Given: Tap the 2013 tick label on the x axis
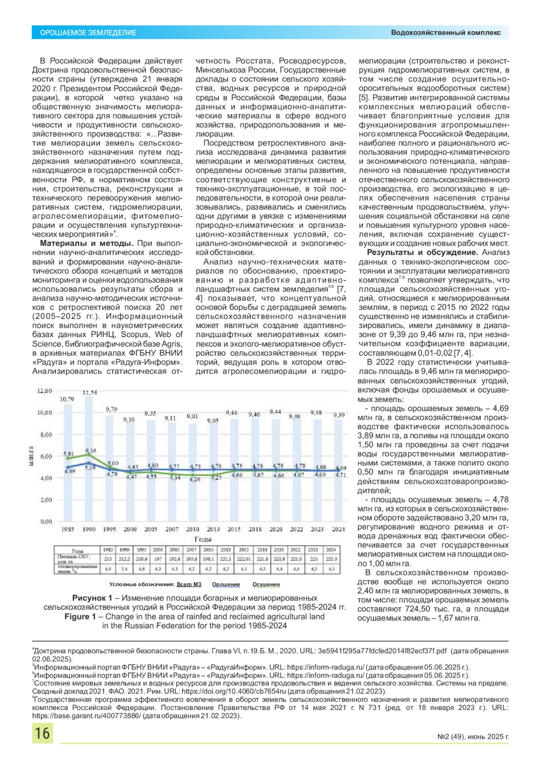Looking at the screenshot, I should click(213, 529).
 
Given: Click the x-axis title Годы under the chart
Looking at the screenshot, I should click(203, 539).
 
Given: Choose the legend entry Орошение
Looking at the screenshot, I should click(226, 584).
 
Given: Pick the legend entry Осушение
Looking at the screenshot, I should click(266, 584).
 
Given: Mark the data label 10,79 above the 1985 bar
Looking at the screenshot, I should click(68, 399).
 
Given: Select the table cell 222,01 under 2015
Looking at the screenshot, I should click(244, 559).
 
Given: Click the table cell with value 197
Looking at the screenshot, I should click(158, 559).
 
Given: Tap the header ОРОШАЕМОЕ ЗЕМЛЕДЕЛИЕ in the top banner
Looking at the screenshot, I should click(88, 33).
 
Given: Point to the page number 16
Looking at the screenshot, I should click(42, 733).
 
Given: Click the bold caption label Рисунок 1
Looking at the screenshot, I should click(92, 598).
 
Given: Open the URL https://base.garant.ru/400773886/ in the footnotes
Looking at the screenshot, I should click(86, 716).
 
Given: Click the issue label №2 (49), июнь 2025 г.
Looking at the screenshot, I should click(473, 737).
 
